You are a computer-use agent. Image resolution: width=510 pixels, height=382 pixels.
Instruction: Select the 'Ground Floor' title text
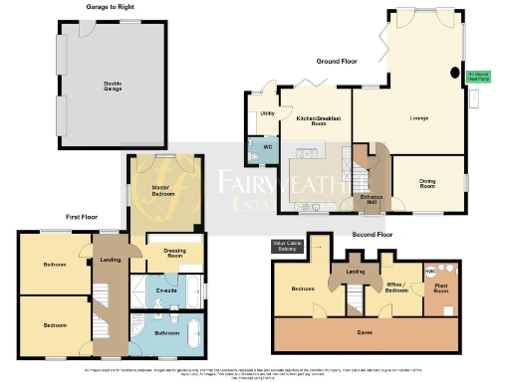coord(337,61)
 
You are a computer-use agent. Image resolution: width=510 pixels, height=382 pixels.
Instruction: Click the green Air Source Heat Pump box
coord(481,74)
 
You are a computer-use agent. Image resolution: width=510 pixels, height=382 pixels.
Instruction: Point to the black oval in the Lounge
coord(457,72)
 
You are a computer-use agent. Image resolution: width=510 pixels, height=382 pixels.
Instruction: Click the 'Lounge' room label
coord(419,118)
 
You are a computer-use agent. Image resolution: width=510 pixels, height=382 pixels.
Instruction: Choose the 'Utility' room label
coord(267,114)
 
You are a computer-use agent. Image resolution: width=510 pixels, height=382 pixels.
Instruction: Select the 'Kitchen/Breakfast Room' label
coord(313,120)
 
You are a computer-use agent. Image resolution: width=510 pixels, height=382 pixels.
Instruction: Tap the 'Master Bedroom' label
coord(165,190)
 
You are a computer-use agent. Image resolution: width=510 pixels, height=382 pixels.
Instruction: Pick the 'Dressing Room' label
coord(174,254)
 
